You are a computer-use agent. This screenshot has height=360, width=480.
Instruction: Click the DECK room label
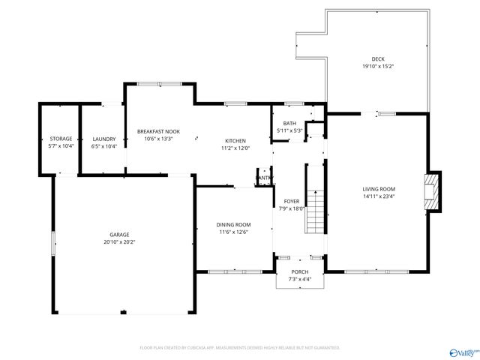pos(378,58)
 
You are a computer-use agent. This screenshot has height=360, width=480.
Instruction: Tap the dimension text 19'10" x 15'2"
pos(378,66)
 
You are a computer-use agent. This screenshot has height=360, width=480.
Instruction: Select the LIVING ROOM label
pos(379,189)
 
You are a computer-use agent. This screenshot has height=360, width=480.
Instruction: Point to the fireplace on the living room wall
pos(432,193)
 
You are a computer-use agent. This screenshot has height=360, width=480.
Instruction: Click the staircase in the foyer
pos(317,212)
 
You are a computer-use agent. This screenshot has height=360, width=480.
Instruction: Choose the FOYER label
pos(291,202)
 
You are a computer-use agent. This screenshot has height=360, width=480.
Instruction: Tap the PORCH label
pos(299,271)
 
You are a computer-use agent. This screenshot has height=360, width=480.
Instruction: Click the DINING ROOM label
pos(233,224)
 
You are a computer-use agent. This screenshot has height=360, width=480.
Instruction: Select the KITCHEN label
pos(235,140)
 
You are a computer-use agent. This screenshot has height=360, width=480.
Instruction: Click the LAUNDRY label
pos(103,139)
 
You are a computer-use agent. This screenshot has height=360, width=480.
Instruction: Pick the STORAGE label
pos(61,139)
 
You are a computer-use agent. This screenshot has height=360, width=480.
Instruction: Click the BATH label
pos(289,124)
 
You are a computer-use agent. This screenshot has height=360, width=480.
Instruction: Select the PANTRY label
pos(265,178)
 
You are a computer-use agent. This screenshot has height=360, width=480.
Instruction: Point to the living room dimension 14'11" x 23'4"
pos(379,196)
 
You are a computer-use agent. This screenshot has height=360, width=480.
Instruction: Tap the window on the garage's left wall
pos(52,244)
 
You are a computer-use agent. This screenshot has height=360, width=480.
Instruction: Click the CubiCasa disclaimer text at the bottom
pos(240,348)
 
